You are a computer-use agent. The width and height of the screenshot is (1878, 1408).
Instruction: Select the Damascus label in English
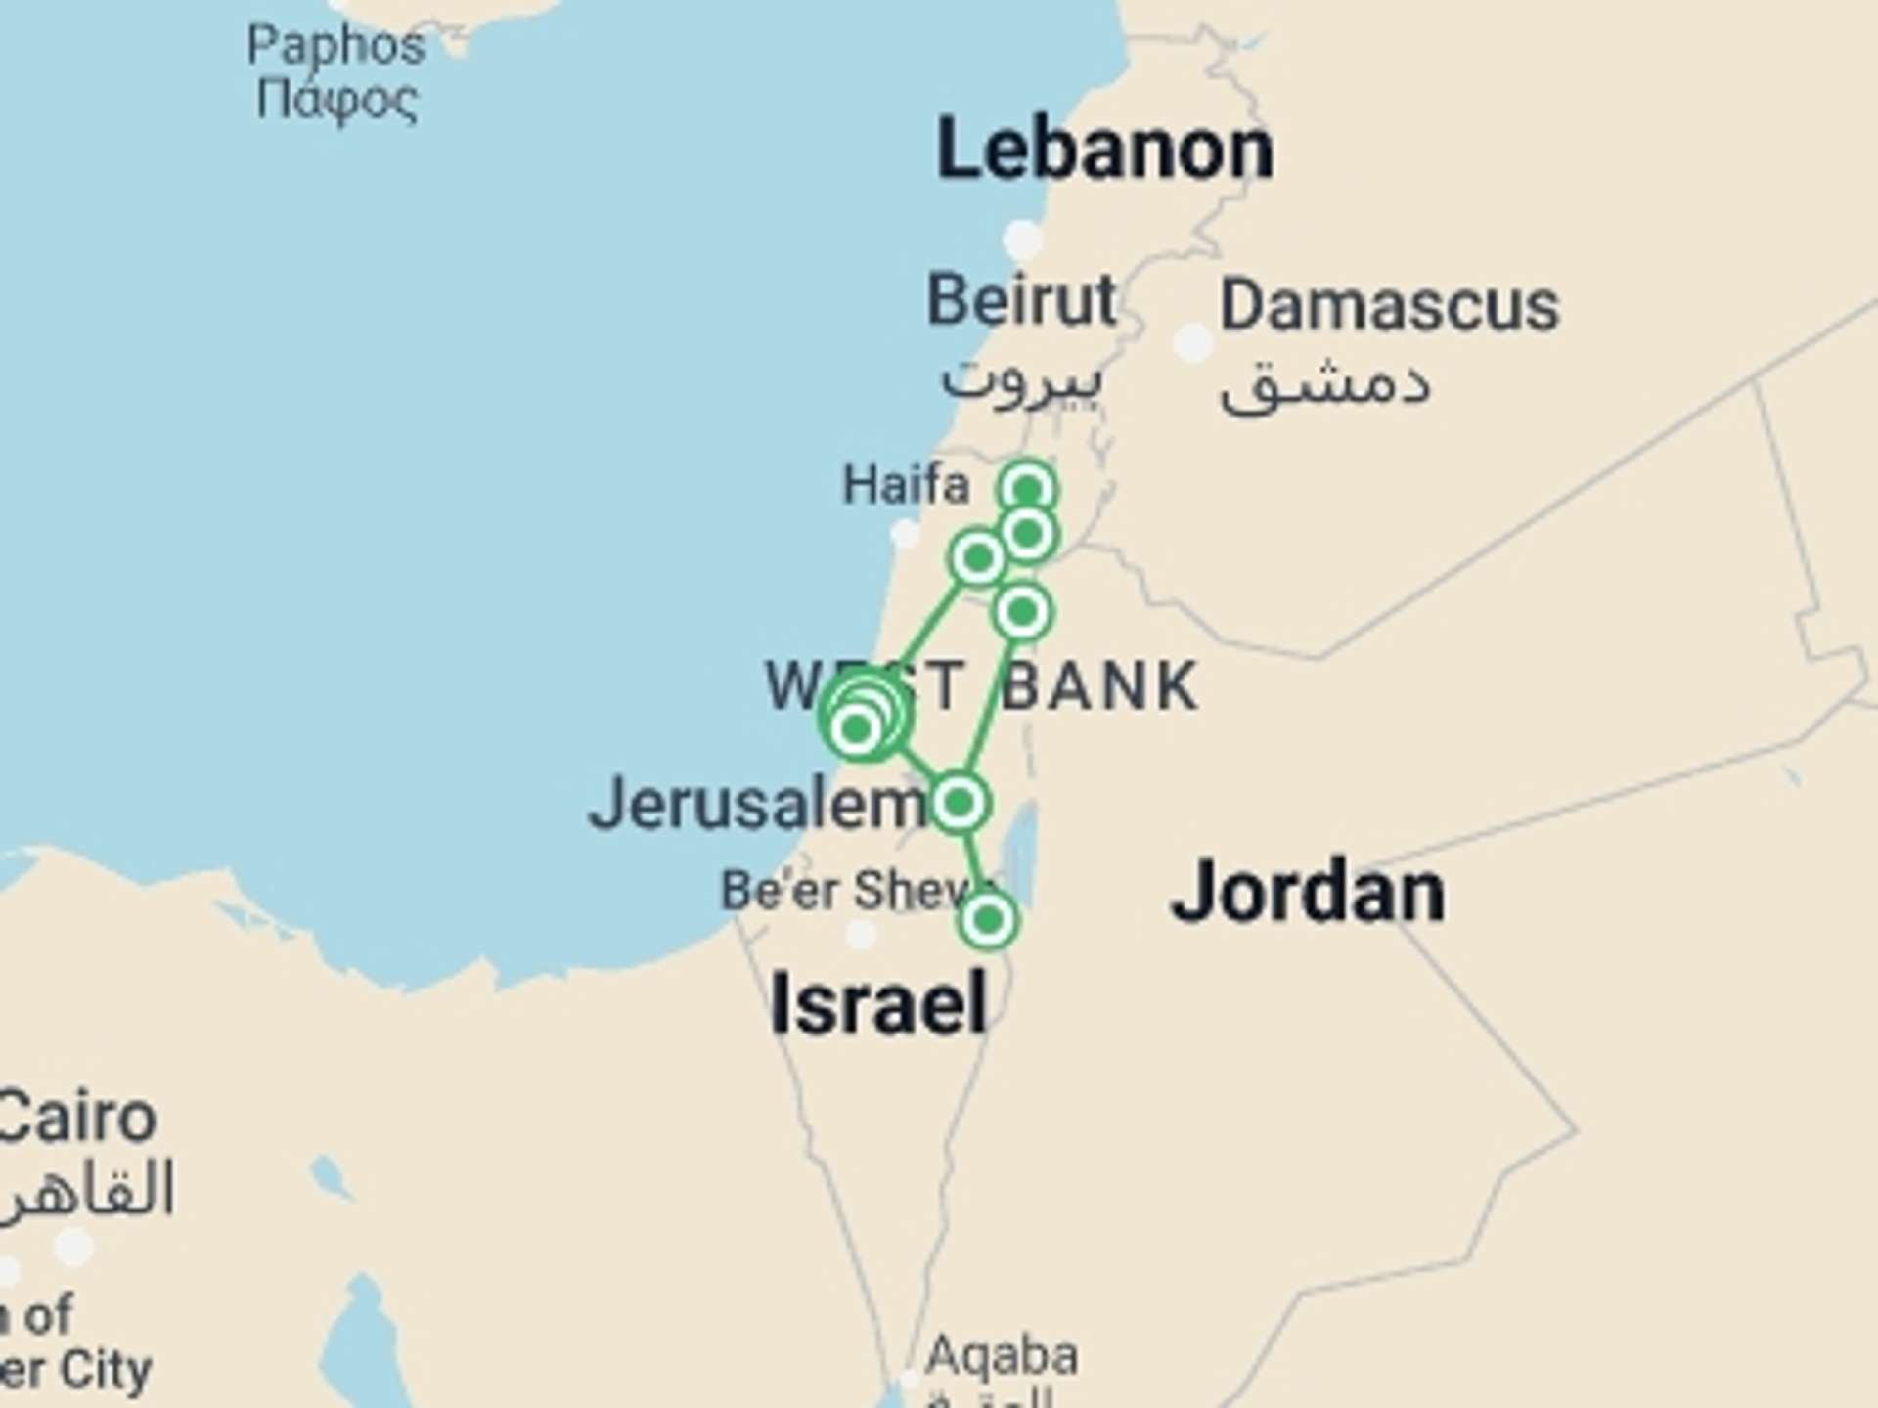pos(1389,306)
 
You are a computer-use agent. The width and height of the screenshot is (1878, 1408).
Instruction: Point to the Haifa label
pos(906,485)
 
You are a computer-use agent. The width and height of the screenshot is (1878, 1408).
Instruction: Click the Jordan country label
pos(1308,892)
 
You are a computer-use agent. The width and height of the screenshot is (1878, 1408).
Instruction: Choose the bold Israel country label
pos(878,1004)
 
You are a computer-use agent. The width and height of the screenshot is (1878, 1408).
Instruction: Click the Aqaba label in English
pos(1002,1355)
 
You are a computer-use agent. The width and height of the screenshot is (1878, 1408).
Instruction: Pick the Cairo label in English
pos(78,1118)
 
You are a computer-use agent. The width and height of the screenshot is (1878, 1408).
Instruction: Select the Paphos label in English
pos(335,45)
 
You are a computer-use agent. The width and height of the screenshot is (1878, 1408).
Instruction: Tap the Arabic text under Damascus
pos(1325,383)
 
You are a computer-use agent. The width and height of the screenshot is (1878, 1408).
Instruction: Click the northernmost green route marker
pos(1028,488)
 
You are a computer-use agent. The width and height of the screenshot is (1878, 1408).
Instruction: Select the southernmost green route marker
pos(988,920)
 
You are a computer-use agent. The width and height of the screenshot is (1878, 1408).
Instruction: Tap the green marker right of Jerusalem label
pos(960,803)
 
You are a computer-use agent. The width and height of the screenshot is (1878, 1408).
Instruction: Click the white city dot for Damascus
pos(1193,342)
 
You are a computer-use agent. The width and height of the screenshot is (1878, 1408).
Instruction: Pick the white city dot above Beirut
pos(1023,239)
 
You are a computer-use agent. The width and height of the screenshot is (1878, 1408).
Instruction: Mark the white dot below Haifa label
pos(906,534)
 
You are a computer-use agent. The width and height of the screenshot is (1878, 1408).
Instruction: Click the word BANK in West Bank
pos(1099,686)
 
